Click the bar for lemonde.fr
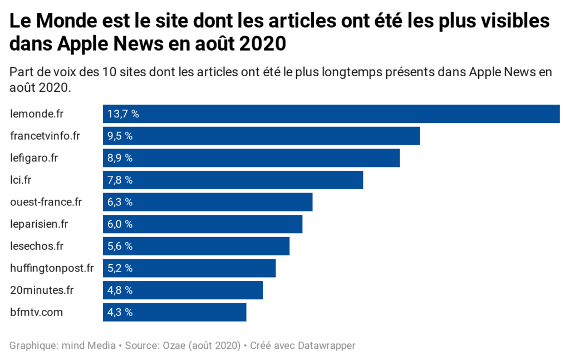[x=331, y=114]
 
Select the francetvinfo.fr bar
[x=261, y=136]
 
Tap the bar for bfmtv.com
[x=174, y=312]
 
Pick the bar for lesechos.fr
[x=196, y=246]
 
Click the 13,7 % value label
[x=123, y=114]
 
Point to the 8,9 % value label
[x=120, y=158]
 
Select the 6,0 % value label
[x=120, y=224]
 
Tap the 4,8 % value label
[x=120, y=290]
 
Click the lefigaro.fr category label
[x=34, y=158]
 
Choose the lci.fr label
[x=22, y=180]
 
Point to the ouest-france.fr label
[x=46, y=202]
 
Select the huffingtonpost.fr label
[x=52, y=268]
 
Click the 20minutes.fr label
[x=42, y=290]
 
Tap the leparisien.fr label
[x=39, y=224]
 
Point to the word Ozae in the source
[x=171, y=346]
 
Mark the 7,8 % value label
[x=120, y=180]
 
